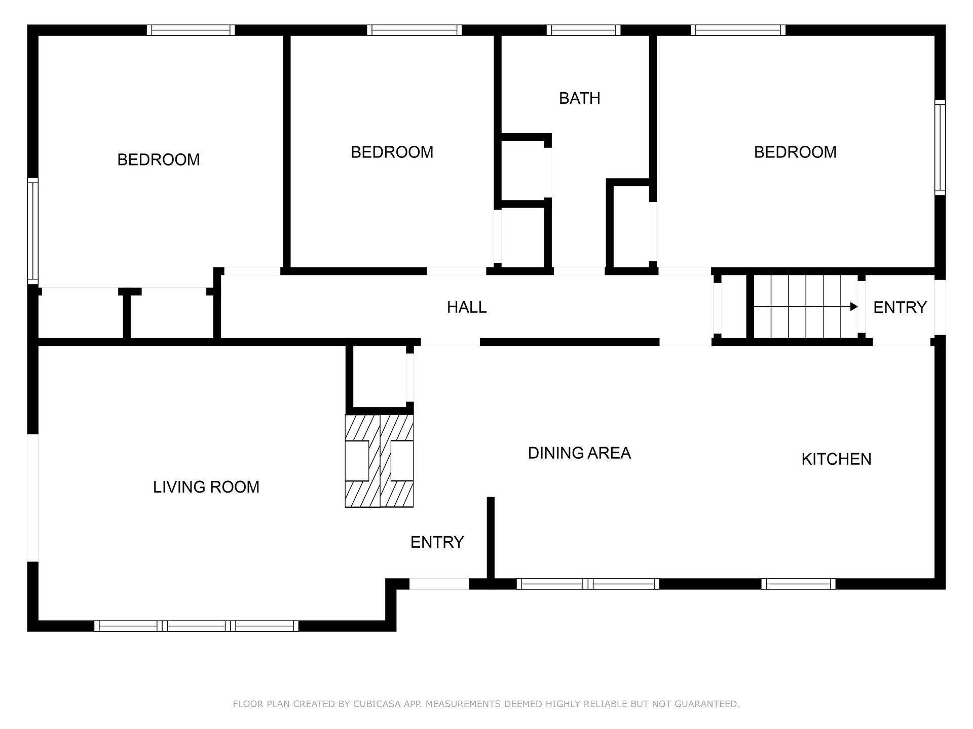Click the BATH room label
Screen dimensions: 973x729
579,98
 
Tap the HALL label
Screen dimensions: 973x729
467,307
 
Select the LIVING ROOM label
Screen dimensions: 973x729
206,487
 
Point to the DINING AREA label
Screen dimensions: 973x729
579,453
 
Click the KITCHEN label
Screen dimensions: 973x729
836,459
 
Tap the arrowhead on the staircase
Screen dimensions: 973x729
854,307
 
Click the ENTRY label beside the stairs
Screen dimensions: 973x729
900,307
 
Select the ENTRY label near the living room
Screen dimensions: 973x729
437,542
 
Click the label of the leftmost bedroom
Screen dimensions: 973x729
159,160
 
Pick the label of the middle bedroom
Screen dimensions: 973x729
392,152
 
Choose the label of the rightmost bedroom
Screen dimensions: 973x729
795,152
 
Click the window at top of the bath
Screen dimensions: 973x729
583,30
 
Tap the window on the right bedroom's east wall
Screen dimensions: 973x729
940,147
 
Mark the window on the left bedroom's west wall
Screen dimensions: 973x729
33,231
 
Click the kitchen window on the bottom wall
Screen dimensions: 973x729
798,584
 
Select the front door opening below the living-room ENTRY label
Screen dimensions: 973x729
439,584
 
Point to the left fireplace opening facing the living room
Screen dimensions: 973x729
357,461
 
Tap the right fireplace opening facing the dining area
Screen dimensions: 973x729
402,461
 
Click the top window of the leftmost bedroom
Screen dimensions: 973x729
191,30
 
